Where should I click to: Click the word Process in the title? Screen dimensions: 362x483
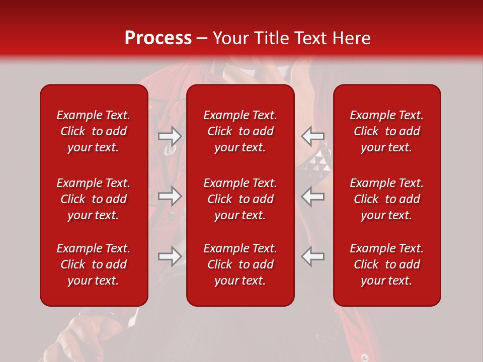158,38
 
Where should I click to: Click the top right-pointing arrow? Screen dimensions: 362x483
170,136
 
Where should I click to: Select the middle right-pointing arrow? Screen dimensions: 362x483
170,196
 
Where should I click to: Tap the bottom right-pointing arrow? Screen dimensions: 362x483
170,256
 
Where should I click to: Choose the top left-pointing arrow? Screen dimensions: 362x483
313,136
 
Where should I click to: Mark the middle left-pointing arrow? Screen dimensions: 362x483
313,196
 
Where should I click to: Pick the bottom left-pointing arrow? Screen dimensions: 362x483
313,256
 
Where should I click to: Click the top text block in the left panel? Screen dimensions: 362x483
94,131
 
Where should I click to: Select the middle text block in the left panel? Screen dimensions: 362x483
94,199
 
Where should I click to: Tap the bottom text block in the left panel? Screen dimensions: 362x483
94,264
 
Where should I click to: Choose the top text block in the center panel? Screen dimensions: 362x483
240,131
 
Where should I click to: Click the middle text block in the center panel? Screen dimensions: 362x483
240,199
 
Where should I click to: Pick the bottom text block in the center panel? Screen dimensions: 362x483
240,264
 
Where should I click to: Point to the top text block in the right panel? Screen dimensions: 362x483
386,131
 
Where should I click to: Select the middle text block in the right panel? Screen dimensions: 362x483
386,199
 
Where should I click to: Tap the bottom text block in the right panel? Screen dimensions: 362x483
386,264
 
